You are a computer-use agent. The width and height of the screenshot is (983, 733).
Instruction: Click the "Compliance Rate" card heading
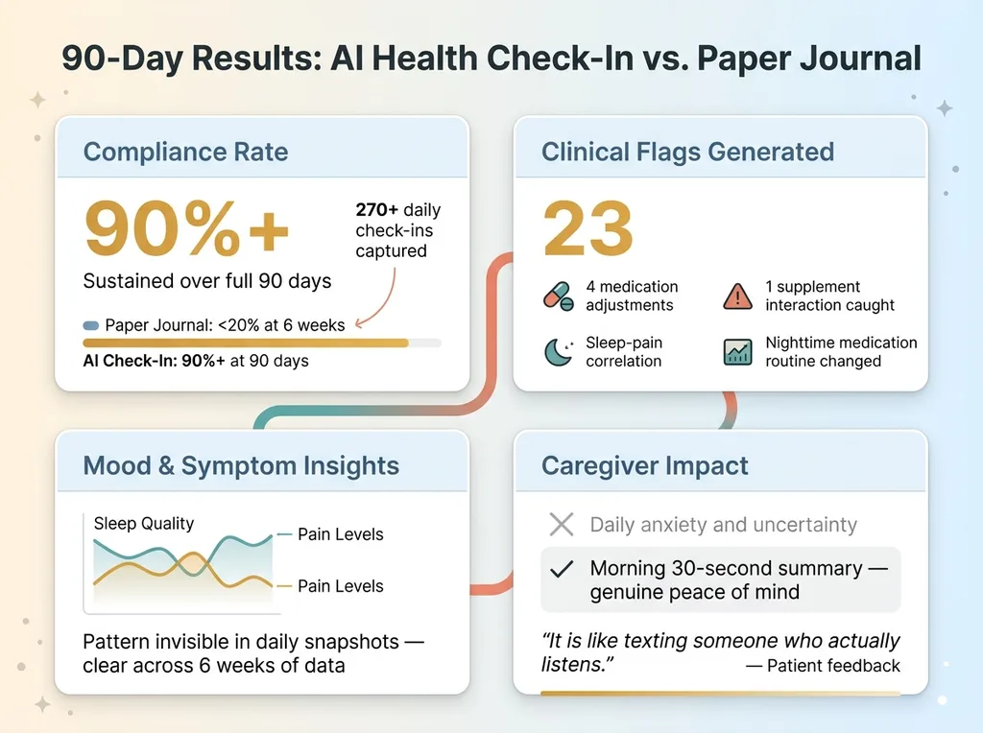[x=185, y=152]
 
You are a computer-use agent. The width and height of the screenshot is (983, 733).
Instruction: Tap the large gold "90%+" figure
[x=186, y=229]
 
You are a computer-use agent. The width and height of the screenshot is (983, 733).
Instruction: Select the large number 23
[x=588, y=229]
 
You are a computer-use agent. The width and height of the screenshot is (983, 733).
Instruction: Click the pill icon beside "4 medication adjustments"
[x=559, y=296]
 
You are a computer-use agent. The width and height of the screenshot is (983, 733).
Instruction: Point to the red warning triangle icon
[x=737, y=296]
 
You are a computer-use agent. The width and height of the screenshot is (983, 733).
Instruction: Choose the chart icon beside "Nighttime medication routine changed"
[x=737, y=352]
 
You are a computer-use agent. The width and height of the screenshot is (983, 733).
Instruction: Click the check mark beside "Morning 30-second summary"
[x=561, y=569]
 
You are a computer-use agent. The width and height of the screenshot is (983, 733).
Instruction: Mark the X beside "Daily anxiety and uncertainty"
[x=561, y=525]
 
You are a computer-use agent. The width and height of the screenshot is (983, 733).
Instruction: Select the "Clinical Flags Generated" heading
[x=687, y=152]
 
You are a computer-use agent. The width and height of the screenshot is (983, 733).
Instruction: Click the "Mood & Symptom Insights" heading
[x=241, y=466]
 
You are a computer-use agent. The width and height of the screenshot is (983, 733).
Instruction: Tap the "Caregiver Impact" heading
[x=645, y=466]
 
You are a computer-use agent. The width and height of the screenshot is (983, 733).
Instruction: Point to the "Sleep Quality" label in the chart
[x=144, y=524]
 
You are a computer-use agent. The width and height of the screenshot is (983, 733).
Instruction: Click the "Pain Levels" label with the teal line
[x=340, y=534]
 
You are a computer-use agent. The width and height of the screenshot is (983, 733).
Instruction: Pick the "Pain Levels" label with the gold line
[x=340, y=586]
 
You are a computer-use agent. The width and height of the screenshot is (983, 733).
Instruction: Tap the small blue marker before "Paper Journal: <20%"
[x=91, y=325]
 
